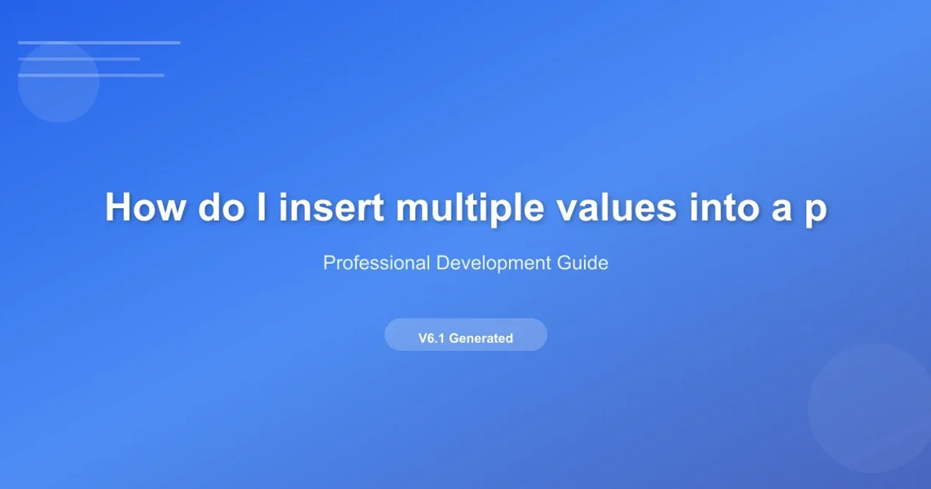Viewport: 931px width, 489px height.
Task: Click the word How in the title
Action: click(144, 207)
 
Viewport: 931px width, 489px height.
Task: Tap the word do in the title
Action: click(221, 207)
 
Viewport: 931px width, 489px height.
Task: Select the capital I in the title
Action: click(261, 206)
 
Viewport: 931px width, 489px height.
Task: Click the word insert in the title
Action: click(331, 207)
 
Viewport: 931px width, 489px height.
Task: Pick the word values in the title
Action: click(616, 207)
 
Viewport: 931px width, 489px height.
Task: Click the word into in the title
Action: click(724, 207)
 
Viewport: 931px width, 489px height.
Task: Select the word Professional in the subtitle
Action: click(376, 263)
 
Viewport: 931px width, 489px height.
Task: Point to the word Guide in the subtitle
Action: click(583, 263)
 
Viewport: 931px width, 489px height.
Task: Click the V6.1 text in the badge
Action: click(431, 338)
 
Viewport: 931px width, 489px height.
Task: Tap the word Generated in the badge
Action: click(481, 338)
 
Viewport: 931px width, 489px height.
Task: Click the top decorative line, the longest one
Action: click(99, 43)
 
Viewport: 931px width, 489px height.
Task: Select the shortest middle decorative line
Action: click(79, 59)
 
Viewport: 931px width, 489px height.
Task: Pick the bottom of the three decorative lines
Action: click(91, 75)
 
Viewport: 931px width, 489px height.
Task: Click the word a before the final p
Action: click(781, 210)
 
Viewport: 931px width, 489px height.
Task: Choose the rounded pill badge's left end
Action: click(386, 335)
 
